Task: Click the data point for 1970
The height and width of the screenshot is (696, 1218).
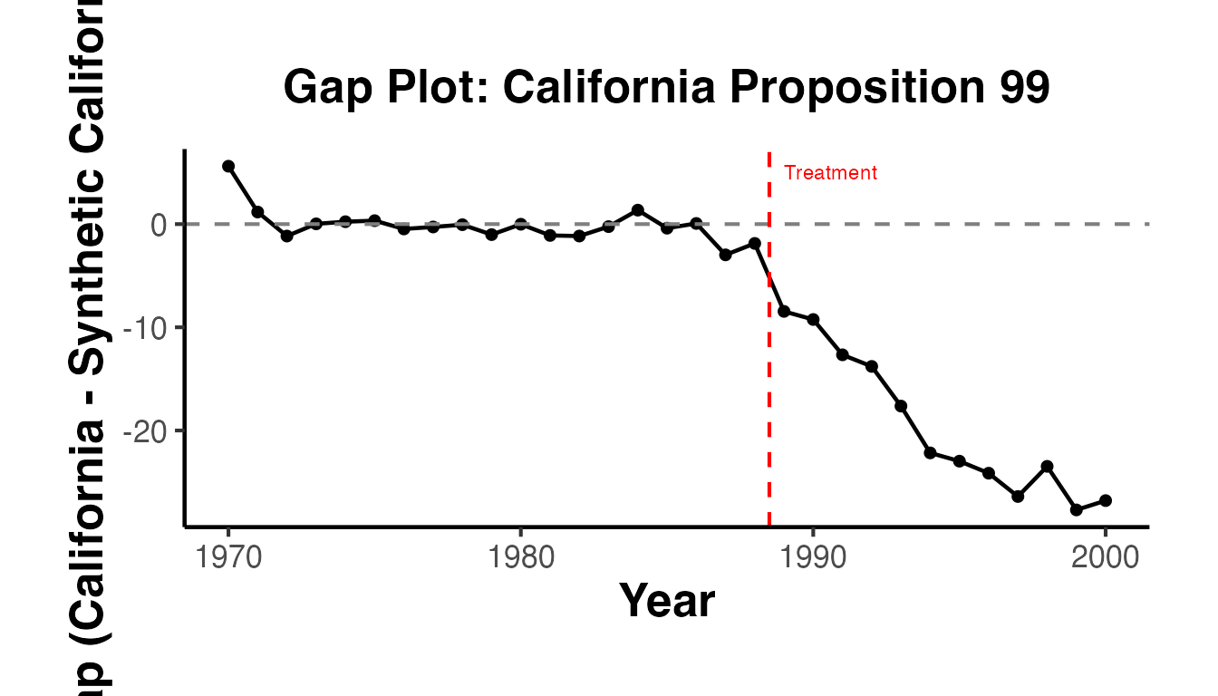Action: (228, 166)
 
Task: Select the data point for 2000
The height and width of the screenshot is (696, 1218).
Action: (1106, 500)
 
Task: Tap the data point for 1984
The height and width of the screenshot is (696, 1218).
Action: (638, 210)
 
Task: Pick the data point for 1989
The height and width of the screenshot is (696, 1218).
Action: (784, 311)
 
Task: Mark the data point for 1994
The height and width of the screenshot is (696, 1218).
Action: (930, 452)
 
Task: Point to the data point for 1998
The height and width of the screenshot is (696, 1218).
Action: (1047, 466)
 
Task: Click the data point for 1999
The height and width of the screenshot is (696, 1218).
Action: (1077, 510)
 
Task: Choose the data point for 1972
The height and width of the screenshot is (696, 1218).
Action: (286, 236)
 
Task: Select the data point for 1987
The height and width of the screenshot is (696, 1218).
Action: (725, 255)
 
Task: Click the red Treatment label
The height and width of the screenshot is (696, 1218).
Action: (830, 173)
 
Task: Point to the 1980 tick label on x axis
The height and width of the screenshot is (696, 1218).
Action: (520, 556)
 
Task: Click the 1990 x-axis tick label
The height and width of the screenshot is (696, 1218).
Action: (813, 556)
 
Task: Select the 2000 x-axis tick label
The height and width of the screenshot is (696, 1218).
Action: (1106, 556)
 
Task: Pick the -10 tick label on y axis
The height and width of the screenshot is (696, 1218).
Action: (145, 327)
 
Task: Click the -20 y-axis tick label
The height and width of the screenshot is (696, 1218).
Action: (145, 430)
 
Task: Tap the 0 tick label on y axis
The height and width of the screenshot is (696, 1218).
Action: (159, 224)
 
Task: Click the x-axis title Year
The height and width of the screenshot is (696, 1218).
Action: (666, 601)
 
